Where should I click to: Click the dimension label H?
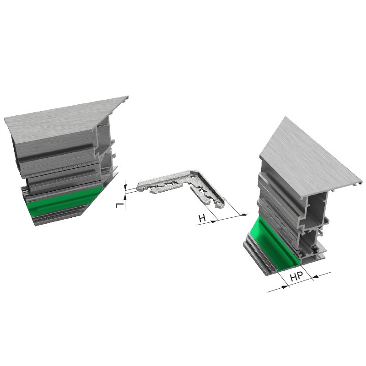click(x=202, y=219)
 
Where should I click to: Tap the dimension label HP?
click(x=296, y=277)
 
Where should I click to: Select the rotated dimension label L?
click(x=120, y=205)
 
